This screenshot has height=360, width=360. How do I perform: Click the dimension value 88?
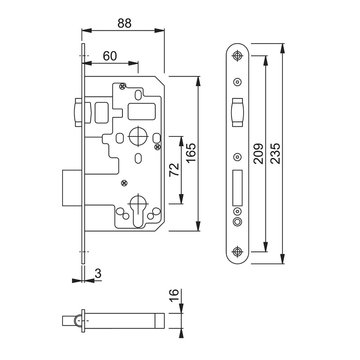124,23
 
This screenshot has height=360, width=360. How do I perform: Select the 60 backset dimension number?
110,56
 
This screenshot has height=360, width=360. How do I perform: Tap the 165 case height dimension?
191,153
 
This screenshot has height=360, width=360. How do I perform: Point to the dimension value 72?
174,170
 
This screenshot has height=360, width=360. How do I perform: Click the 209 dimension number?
258,154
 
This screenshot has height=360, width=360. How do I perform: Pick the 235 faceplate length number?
275,153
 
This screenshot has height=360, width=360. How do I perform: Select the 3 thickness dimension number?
98,274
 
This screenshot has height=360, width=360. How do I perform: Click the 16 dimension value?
174,295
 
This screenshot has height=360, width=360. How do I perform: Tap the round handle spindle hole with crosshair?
138,136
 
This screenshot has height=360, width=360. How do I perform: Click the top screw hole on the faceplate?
237,56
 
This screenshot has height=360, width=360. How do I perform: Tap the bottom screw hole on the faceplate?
237,252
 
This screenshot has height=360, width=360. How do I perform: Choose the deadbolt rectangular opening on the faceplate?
237,188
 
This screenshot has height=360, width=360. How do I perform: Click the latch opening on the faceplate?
237,112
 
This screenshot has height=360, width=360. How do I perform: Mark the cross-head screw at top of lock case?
123,86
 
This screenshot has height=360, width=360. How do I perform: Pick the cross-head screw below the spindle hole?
124,183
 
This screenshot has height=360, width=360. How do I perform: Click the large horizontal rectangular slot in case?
142,111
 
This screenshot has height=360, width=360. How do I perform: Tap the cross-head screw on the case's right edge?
157,147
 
